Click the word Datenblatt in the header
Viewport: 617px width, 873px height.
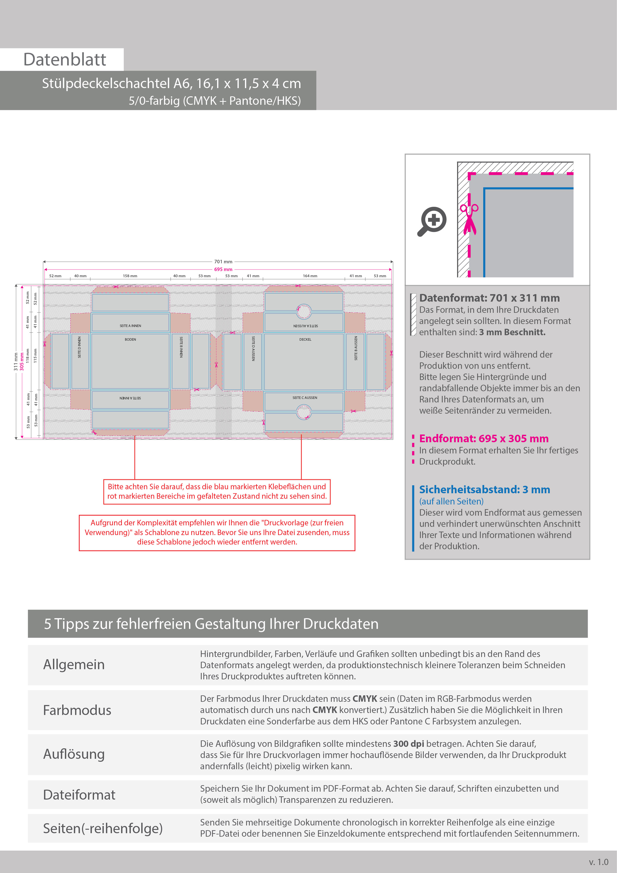65,60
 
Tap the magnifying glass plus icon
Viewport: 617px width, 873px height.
433,221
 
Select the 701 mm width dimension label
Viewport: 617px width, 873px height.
223,262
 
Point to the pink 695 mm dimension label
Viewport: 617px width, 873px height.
223,269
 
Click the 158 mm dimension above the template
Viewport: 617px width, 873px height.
130,276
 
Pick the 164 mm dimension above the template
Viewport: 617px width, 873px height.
310,276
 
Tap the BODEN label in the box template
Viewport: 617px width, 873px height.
130,339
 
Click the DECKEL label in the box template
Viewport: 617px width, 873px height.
305,339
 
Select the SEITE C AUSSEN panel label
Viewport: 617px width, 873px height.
305,398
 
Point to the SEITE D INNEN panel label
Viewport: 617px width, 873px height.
79,347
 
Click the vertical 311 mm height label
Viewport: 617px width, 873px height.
16,361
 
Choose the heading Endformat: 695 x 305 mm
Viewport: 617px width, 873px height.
484,439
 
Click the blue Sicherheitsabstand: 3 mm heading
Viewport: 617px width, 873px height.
484,490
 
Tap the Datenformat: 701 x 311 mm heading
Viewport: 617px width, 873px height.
489,298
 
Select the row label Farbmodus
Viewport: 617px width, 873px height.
77,710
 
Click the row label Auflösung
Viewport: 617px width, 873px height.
74,754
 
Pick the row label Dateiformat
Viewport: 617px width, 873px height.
79,795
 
